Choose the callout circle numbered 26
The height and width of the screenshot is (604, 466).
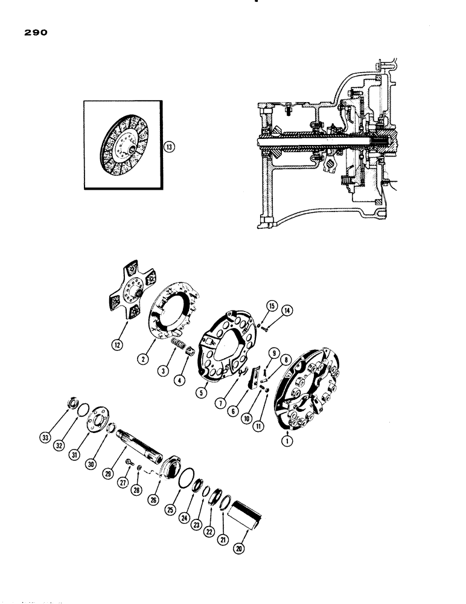pos(159,483)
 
